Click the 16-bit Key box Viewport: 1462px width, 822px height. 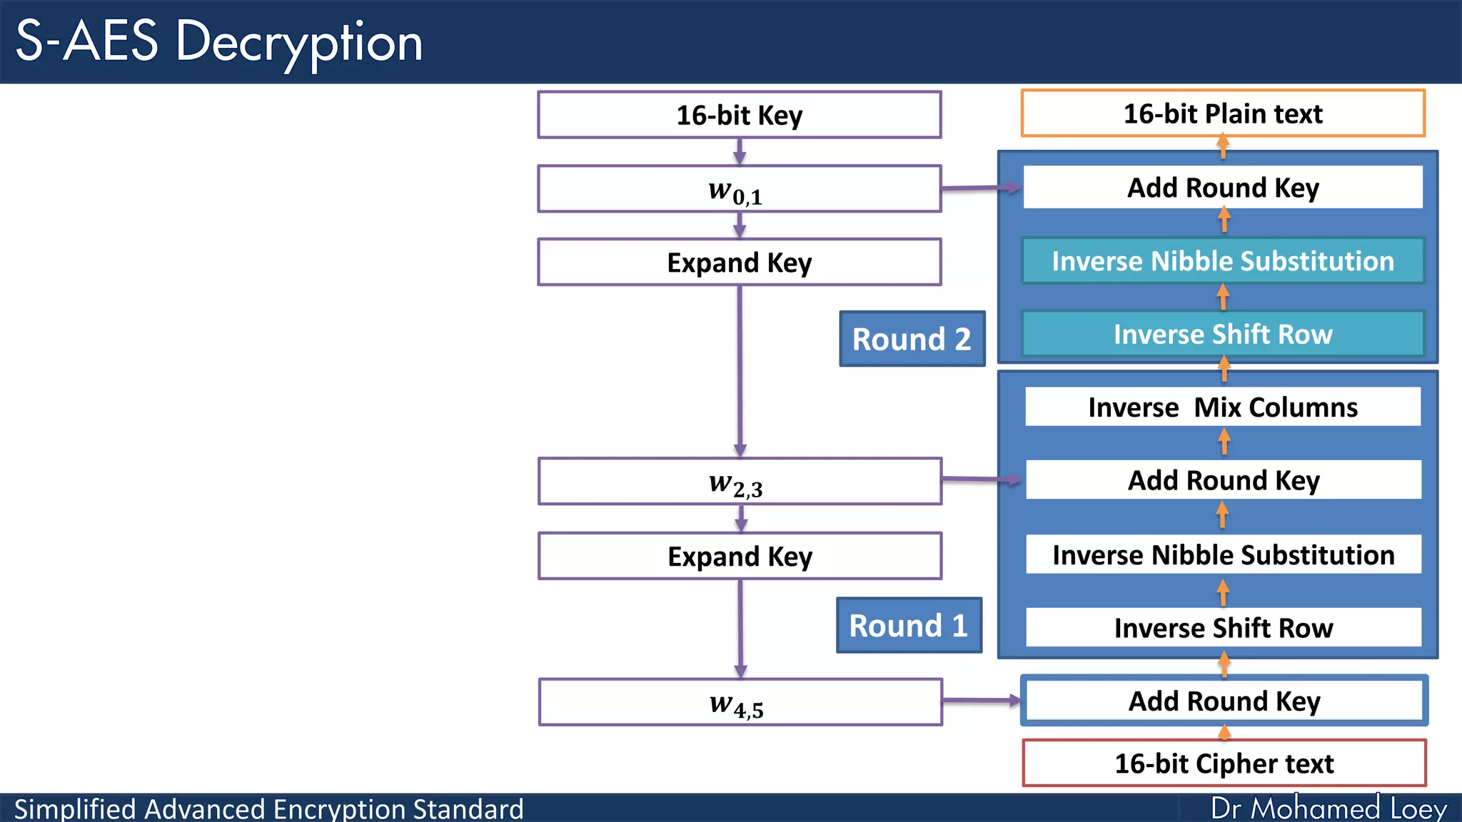[740, 115]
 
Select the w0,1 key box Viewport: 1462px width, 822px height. [740, 189]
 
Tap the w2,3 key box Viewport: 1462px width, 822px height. [740, 482]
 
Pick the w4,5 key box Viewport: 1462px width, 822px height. [740, 703]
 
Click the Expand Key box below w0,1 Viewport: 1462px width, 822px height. [740, 263]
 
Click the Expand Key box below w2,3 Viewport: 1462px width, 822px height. [740, 557]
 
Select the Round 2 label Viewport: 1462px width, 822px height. [912, 339]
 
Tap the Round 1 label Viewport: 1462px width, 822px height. [909, 626]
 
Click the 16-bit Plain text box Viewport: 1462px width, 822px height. [1223, 113]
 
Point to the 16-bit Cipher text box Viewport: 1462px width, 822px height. [1224, 763]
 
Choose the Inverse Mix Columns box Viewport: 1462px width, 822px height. [1223, 407]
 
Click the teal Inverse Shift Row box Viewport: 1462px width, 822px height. [1223, 334]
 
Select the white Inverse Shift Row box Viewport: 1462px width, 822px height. [1223, 628]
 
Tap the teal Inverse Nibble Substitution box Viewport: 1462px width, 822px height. [1223, 261]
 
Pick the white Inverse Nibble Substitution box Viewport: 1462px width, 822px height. [1223, 554]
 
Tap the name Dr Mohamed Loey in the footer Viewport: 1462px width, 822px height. [1329, 808]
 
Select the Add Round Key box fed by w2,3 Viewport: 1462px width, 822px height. [1223, 480]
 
